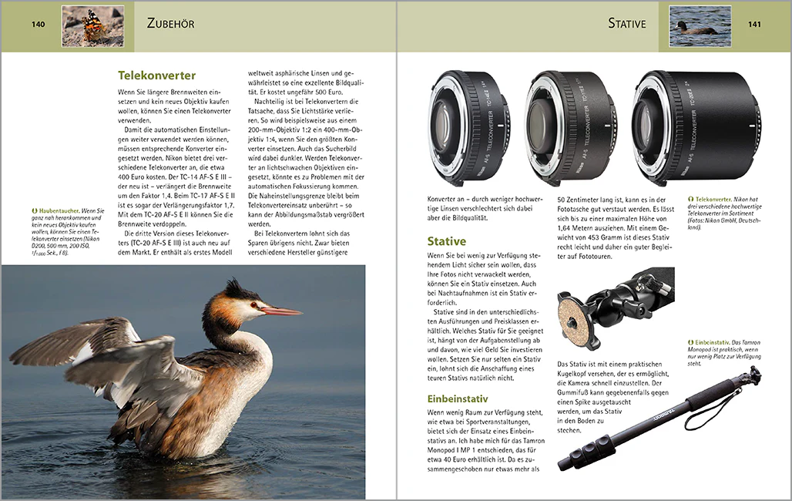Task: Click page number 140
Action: pyautogui.click(x=39, y=25)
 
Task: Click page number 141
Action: pyautogui.click(x=754, y=25)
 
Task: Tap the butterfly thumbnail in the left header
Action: pyautogui.click(x=92, y=25)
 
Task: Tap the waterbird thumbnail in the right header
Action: pyautogui.click(x=700, y=25)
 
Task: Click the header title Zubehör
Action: pyautogui.click(x=170, y=23)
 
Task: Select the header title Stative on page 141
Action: pyautogui.click(x=626, y=23)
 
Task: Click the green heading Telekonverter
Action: pyautogui.click(x=156, y=76)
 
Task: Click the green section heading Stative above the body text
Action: pyautogui.click(x=447, y=241)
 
